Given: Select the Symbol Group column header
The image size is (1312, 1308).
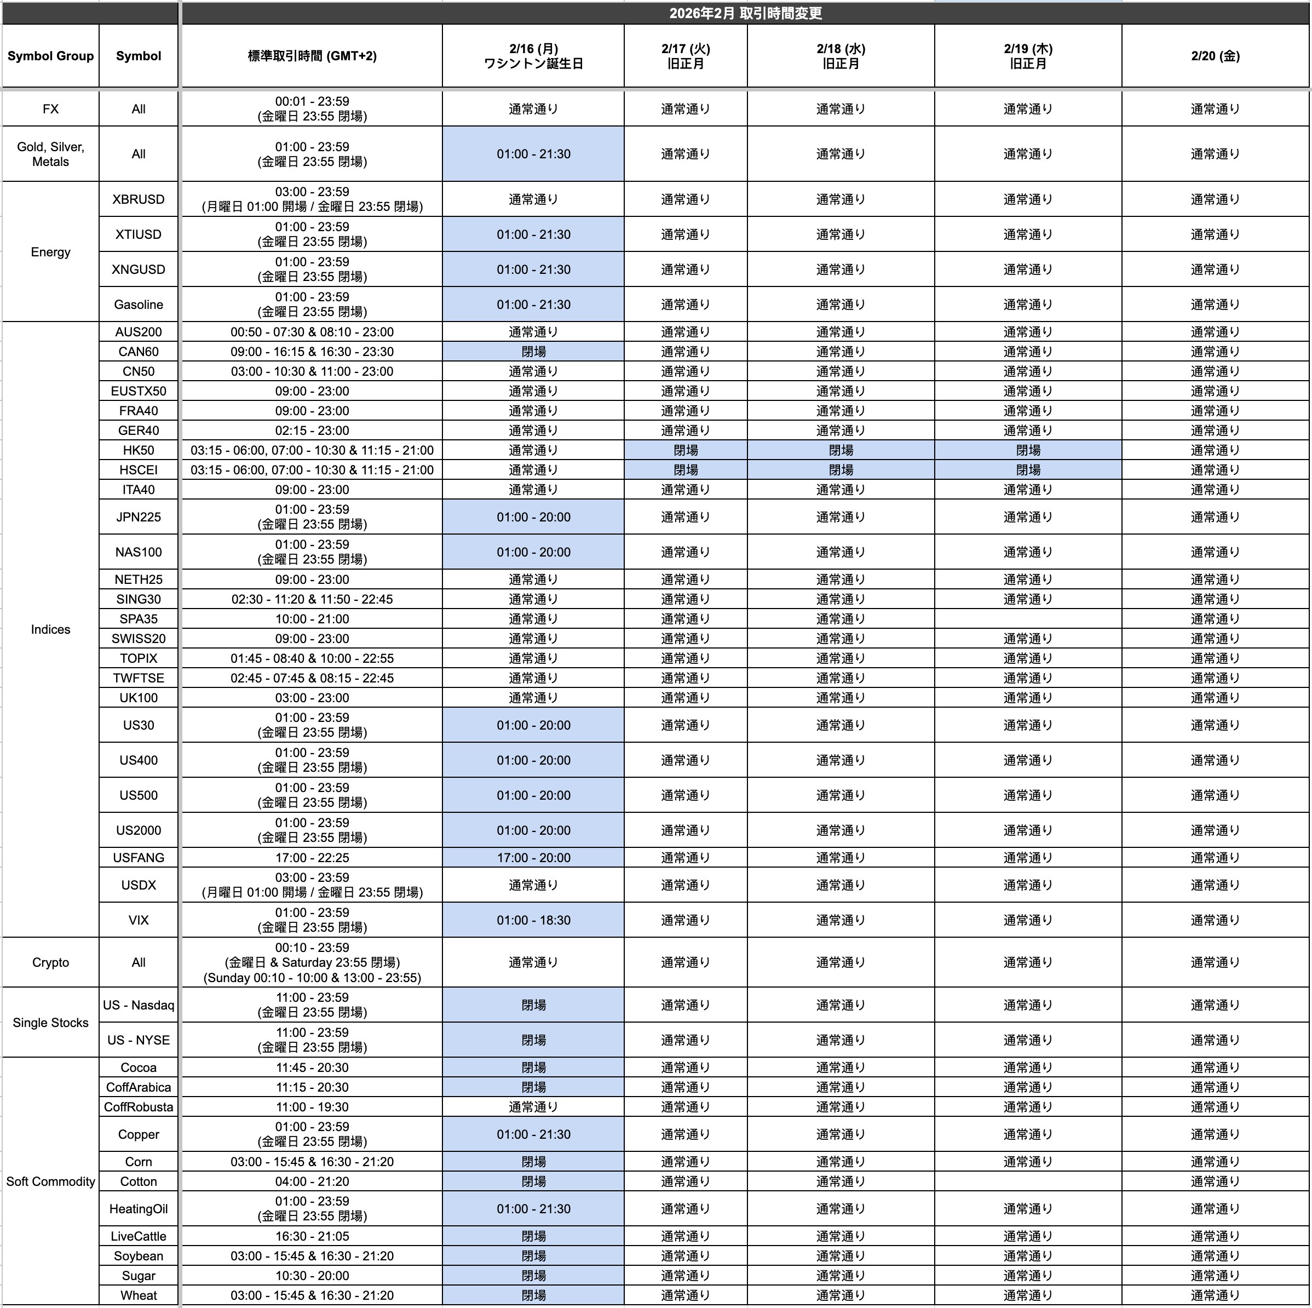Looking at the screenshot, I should [x=50, y=56].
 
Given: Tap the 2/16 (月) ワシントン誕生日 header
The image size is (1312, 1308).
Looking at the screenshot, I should [x=533, y=56].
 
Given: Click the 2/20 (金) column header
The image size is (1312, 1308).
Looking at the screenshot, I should [x=1215, y=56].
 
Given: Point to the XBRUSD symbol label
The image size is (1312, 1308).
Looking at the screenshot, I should [x=139, y=199].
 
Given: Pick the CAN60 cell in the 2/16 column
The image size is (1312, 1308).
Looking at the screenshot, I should [x=533, y=351].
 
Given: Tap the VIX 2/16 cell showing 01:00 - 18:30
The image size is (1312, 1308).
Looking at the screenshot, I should [x=533, y=920].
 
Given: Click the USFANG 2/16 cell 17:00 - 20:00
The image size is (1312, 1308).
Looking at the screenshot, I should [x=533, y=857].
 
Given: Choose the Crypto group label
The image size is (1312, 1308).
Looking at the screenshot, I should [x=50, y=962].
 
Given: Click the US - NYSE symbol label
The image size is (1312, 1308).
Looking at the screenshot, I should [x=139, y=1040].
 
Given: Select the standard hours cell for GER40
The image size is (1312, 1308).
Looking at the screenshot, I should [x=312, y=430].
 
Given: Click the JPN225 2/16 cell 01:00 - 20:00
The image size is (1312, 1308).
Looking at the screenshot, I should [x=533, y=517].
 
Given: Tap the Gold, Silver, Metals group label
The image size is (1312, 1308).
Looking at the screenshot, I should [x=50, y=153].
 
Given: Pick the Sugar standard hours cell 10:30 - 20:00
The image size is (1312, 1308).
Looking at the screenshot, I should [x=312, y=1275].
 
